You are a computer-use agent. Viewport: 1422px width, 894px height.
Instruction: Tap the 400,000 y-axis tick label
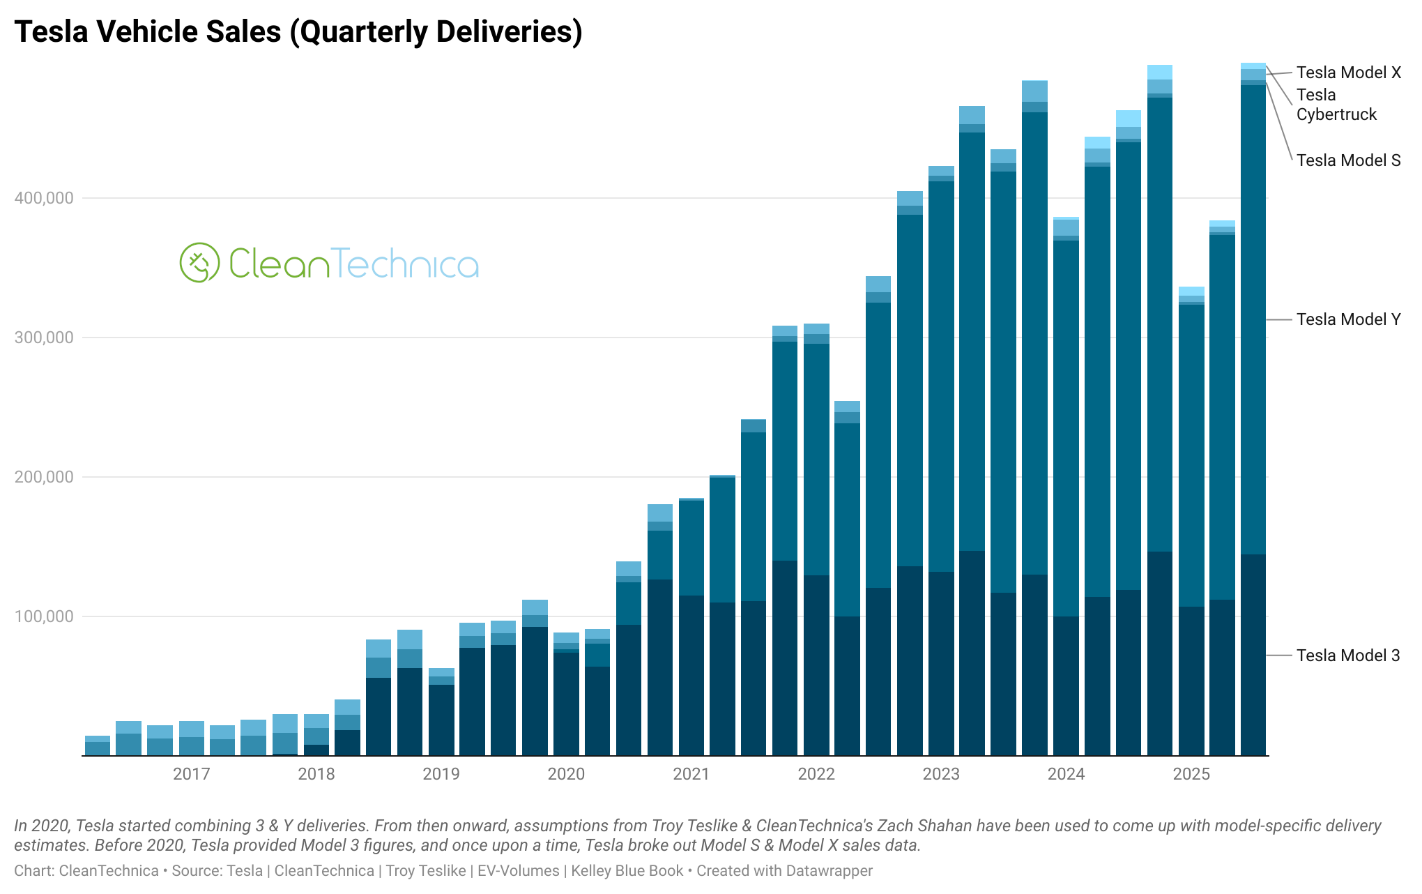point(44,198)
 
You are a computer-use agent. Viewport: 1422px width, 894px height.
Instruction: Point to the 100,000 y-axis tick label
point(44,616)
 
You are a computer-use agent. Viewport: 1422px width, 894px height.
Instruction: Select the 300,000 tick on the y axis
point(44,338)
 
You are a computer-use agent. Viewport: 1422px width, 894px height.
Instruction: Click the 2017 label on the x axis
point(191,774)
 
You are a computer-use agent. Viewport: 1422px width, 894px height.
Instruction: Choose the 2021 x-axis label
point(691,774)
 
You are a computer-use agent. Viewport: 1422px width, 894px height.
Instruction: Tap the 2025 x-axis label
point(1191,774)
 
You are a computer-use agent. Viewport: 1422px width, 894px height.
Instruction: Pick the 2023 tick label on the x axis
point(941,774)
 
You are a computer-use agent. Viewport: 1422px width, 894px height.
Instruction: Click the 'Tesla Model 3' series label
point(1347,656)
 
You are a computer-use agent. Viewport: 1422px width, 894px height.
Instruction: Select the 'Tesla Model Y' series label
point(1348,319)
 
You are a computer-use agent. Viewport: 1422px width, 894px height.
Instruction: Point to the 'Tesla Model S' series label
point(1348,160)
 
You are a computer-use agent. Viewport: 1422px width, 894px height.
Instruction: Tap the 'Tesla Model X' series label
point(1348,73)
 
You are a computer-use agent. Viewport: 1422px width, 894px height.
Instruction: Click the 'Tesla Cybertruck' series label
point(1336,105)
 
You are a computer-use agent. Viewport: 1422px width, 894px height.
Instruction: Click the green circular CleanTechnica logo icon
point(199,263)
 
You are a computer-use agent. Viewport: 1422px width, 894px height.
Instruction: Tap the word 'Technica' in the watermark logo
point(404,264)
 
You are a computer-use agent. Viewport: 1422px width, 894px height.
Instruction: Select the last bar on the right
point(1253,418)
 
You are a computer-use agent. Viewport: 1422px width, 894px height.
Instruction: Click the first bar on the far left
point(98,746)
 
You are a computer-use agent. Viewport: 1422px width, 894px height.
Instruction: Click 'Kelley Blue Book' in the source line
point(627,871)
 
